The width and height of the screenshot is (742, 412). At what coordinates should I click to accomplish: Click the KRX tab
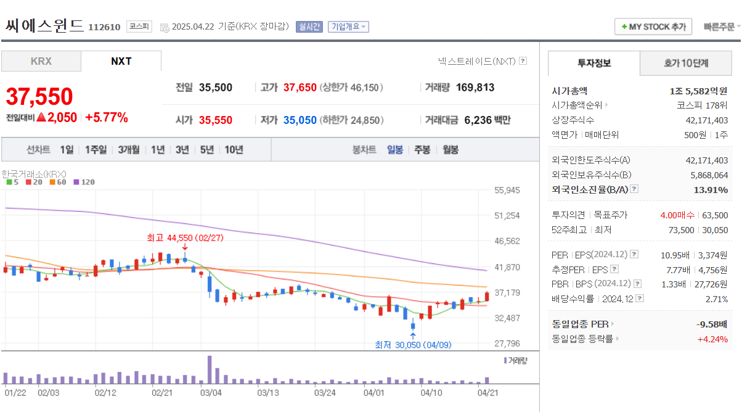coord(41,61)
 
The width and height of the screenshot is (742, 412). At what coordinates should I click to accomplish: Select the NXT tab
coord(121,61)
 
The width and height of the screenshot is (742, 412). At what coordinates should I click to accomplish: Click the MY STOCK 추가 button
coord(653,27)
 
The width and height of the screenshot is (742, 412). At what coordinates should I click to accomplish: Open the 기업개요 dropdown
coord(348,27)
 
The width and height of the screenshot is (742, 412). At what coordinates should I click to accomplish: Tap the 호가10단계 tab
coord(685,63)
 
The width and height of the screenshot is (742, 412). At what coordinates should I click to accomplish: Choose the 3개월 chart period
coord(129,149)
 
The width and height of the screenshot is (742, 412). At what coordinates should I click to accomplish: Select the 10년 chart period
coord(234,149)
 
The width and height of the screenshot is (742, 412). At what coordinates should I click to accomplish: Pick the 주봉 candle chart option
coord(422,149)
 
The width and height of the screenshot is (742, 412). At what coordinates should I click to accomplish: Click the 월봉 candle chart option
coord(450,149)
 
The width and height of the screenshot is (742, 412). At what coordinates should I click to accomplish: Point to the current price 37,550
coord(39,96)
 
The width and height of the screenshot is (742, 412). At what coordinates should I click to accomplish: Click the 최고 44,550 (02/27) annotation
coord(185,237)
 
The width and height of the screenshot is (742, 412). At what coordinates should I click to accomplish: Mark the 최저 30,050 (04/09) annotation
coord(413,345)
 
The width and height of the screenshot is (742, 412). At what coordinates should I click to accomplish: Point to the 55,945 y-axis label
coord(507,191)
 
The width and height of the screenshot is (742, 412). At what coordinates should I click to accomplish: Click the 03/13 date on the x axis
coord(268,392)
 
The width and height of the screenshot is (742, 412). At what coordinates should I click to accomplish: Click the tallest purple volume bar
coord(210,369)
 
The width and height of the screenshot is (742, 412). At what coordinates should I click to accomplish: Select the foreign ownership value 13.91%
coord(711,190)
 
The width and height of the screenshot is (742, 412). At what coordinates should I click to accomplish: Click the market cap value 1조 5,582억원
coord(699,91)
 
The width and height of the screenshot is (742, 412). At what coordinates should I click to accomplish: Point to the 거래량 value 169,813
coord(475,88)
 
